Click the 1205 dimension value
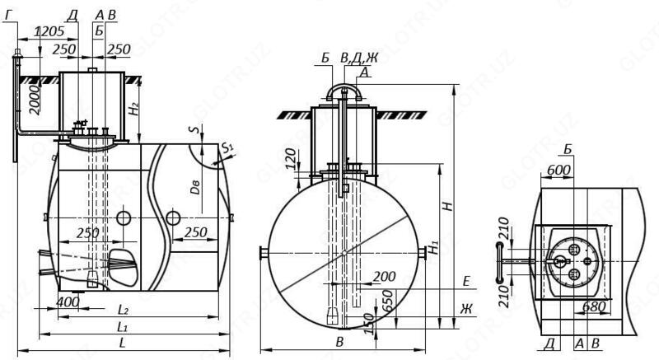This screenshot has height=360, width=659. click(x=50, y=31)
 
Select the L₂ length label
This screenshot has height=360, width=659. click(x=122, y=310)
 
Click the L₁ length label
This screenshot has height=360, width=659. click(x=122, y=327)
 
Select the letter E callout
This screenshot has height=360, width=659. click(x=466, y=282)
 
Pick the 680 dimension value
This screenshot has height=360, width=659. click(x=593, y=306)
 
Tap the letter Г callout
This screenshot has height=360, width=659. click(x=7, y=14)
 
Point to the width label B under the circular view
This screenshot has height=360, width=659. click(x=339, y=339)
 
